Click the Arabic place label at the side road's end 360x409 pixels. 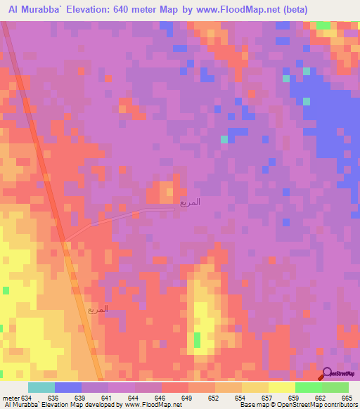(190, 202)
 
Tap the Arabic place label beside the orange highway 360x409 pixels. (98, 309)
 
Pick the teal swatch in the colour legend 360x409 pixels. (41, 387)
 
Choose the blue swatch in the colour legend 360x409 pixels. (68, 387)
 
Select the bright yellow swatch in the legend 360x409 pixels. (282, 387)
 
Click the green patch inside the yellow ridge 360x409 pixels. (197, 340)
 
